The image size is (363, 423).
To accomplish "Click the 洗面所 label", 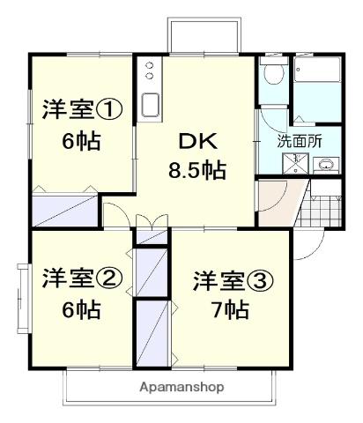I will [x=300, y=140].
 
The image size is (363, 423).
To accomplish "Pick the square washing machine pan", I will [x=296, y=164].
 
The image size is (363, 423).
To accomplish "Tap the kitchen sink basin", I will [x=149, y=103].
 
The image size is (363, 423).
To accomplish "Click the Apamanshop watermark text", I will [x=181, y=387].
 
